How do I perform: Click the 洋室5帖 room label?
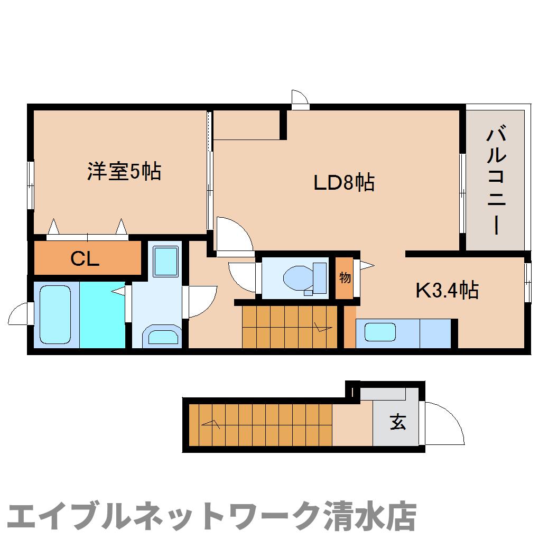point(124,172)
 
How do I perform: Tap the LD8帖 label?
point(344,183)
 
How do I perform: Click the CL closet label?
point(86,259)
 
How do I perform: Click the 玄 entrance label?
point(398,422)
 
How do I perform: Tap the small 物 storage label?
point(345,278)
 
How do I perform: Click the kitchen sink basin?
point(380,332)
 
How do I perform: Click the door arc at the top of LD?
point(300,98)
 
